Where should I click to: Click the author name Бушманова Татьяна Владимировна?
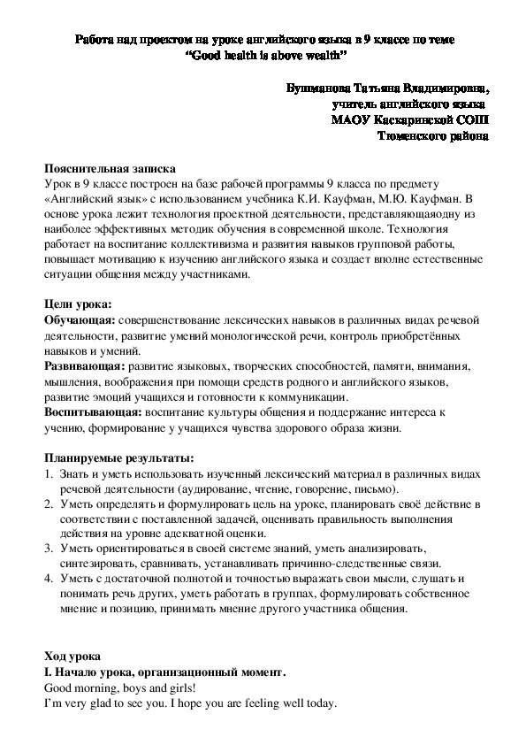click(x=387, y=89)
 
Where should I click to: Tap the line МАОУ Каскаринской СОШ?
click(x=408, y=120)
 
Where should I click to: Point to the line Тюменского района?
click(x=431, y=136)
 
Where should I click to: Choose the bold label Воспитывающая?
click(x=92, y=412)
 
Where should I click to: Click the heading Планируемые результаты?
click(x=118, y=458)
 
